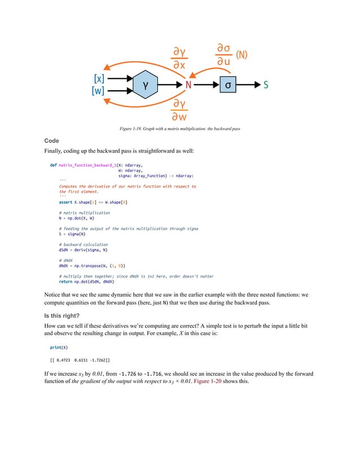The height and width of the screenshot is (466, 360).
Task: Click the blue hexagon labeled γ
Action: coord(147,85)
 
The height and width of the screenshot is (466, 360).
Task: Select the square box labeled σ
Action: coord(227,85)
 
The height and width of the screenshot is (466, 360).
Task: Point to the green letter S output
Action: coord(266,85)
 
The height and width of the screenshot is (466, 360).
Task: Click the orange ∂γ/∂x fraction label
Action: coord(180,59)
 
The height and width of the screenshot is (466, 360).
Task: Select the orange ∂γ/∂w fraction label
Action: coord(180,110)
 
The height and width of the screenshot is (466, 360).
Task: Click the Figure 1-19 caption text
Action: coord(180,129)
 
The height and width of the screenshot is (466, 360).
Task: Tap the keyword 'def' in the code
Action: coord(53,165)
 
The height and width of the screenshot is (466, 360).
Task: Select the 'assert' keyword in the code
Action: coord(65,201)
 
